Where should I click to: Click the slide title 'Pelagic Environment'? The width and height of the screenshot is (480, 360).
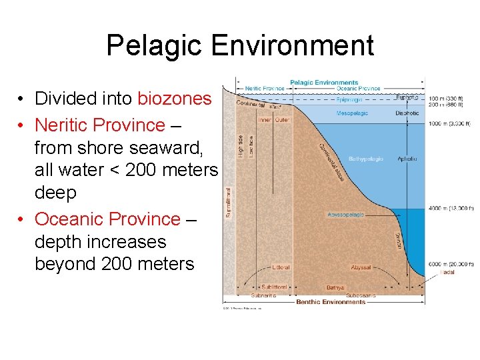point(240,45)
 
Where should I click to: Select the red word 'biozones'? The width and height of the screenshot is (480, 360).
point(174,99)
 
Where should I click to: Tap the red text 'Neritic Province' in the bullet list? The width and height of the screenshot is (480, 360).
point(99,125)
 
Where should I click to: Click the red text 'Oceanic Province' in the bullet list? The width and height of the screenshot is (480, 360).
point(107,219)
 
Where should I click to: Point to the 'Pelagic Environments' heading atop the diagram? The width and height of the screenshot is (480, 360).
point(324,83)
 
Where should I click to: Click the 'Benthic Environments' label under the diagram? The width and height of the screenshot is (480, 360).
point(331,301)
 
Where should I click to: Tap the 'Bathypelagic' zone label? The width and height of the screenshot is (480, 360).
point(366,159)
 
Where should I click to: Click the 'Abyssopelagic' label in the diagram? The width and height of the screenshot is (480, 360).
point(345,215)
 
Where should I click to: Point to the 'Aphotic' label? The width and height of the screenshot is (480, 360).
point(407,159)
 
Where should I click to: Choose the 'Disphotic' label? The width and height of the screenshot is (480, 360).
point(407,113)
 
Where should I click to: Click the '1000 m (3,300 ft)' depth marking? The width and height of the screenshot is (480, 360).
point(450,123)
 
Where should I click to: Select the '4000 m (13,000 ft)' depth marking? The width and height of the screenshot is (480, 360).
point(451,209)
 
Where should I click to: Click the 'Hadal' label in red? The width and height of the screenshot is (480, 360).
point(448,272)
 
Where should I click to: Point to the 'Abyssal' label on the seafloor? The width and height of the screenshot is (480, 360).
point(361,267)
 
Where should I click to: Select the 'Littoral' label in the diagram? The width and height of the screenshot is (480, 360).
point(281,267)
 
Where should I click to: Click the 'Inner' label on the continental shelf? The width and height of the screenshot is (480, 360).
point(265,120)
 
